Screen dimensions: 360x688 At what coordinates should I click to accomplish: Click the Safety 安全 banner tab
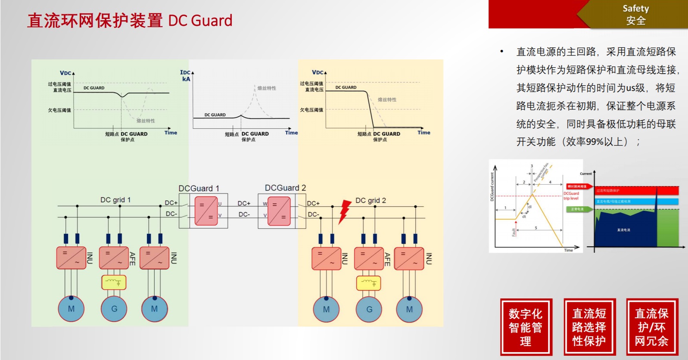635,15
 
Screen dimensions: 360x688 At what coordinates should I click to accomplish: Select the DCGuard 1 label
199,188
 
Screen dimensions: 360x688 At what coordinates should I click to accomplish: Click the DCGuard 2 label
285,188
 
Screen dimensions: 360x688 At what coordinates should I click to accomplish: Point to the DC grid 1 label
115,200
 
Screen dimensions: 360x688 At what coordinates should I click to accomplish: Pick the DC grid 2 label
370,200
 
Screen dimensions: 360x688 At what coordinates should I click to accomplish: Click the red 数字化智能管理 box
526,327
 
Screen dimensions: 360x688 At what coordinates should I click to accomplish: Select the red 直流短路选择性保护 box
589,327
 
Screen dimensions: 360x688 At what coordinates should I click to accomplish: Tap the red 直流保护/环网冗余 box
652,327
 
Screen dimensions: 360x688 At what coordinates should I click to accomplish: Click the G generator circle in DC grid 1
114,309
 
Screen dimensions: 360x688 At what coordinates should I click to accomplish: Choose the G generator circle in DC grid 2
369,309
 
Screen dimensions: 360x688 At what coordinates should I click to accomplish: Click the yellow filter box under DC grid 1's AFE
114,282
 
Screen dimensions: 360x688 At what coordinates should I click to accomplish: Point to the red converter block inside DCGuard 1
206,211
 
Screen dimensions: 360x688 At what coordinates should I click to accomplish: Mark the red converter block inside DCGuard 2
279,211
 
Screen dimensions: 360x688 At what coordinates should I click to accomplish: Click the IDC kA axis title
186,76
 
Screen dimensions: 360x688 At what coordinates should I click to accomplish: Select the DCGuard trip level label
571,196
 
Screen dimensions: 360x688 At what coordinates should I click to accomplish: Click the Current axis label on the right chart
585,174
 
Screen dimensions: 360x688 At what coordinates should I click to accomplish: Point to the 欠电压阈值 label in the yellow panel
311,110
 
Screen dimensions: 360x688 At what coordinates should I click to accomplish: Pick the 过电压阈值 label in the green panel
59,84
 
